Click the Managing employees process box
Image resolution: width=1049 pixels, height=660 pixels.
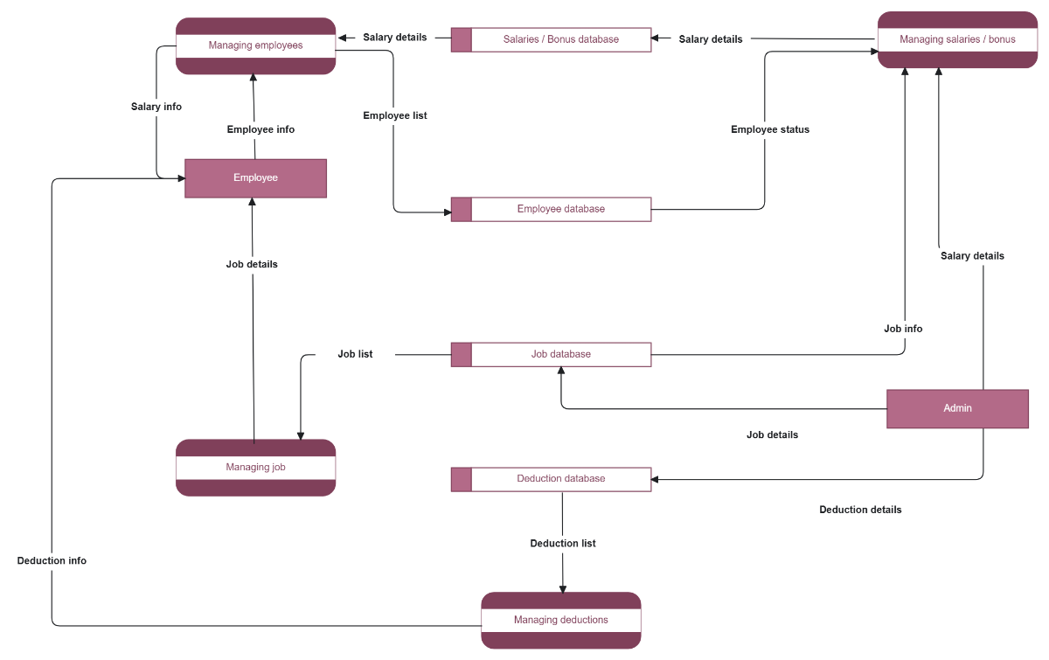(255, 45)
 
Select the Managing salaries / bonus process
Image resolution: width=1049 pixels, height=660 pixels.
(957, 39)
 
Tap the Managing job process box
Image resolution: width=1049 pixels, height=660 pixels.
(255, 468)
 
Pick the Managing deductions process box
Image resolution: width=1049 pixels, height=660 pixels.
(560, 621)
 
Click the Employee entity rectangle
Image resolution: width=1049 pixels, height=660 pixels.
(255, 178)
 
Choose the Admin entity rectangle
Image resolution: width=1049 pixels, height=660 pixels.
(957, 408)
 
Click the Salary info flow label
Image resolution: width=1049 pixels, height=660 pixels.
(156, 107)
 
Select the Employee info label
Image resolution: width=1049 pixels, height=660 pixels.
(261, 129)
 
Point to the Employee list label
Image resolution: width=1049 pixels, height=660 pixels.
(395, 115)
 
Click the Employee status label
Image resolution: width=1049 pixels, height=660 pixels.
(770, 129)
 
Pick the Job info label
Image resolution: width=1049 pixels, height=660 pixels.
(903, 329)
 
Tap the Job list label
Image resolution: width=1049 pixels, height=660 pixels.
(355, 354)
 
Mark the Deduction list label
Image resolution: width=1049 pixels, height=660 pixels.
(563, 544)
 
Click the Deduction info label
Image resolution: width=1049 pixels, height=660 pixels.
(52, 560)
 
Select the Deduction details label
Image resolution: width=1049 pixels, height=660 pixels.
(860, 510)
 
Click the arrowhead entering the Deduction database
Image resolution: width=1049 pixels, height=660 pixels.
(656, 479)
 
